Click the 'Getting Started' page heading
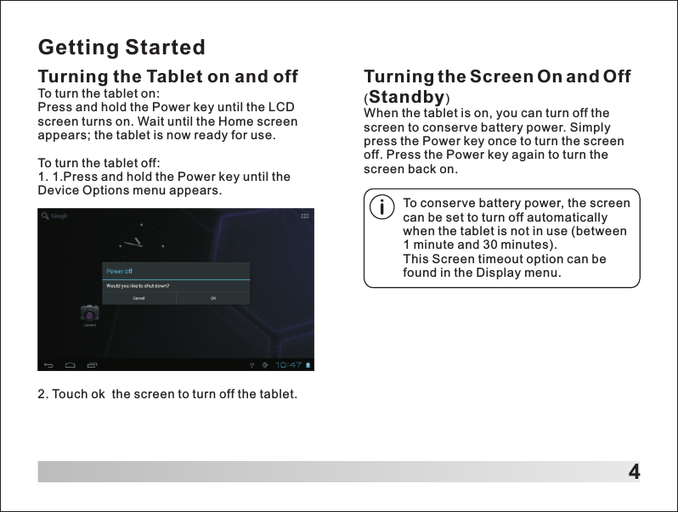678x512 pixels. (122, 46)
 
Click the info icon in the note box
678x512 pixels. (383, 206)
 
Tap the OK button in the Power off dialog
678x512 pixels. (213, 298)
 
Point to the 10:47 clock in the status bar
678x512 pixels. (289, 365)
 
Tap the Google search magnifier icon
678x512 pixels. (46, 216)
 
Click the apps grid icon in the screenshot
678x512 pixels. (305, 216)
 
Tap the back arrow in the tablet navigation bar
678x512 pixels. (48, 366)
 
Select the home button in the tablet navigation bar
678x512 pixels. (71, 366)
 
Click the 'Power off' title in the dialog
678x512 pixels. (119, 271)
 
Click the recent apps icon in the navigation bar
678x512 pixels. (93, 366)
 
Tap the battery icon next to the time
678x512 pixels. (308, 365)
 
